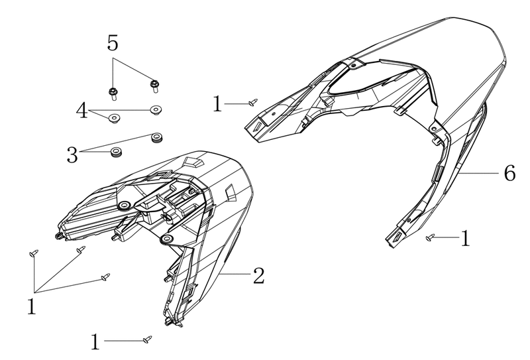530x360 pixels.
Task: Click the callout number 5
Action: tap(113, 43)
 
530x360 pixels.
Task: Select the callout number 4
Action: tap(81, 111)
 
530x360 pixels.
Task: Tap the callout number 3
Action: tap(72, 155)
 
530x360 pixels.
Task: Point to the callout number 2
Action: tap(258, 275)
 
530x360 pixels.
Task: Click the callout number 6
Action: tap(509, 173)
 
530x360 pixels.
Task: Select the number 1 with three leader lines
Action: tap(31, 306)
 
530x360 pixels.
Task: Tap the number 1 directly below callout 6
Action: tap(466, 238)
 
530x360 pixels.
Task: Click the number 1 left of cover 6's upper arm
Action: tap(218, 103)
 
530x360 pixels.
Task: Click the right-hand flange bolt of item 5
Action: tap(155, 86)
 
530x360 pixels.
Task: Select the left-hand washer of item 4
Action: tap(114, 119)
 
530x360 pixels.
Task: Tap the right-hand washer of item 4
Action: tap(156, 110)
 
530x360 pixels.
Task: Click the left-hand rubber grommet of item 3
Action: tap(117, 152)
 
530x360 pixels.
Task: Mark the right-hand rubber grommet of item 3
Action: tap(156, 137)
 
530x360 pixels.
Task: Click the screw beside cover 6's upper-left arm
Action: tap(253, 102)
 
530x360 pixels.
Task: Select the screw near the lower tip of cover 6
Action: tap(429, 238)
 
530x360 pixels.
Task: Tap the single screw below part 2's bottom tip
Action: tap(147, 339)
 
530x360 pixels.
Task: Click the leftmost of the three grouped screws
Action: tap(34, 253)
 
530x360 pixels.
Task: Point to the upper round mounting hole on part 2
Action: tap(125, 206)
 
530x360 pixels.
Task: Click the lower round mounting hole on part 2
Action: tap(166, 239)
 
